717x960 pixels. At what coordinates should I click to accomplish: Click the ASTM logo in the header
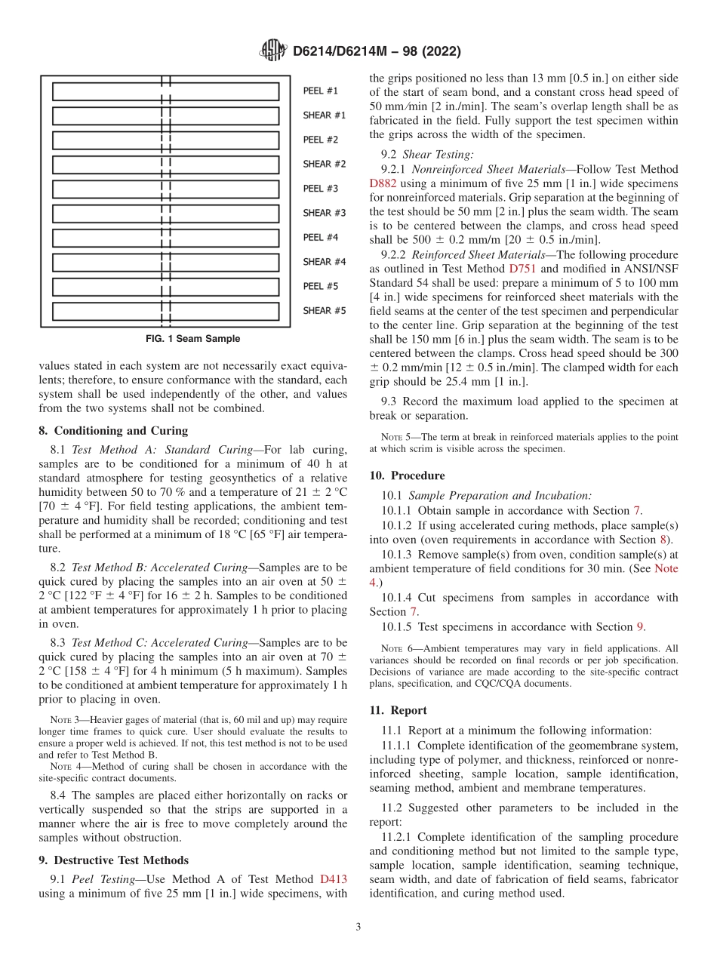[273, 51]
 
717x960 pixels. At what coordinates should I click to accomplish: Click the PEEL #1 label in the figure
[320, 91]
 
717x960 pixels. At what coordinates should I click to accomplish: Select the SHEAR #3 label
[324, 213]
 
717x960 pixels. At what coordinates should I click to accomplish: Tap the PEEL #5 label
[320, 286]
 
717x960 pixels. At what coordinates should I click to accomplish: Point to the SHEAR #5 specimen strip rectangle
[165, 311]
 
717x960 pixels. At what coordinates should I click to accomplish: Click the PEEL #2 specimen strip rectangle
[165, 140]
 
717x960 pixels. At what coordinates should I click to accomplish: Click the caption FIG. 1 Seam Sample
[193, 339]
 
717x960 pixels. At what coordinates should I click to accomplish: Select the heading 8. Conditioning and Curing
[113, 431]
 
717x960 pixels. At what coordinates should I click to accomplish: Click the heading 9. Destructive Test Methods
[113, 860]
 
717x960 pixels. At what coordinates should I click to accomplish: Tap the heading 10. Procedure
[407, 475]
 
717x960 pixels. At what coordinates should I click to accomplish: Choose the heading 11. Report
[398, 710]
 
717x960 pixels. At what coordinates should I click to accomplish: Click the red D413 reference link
[334, 879]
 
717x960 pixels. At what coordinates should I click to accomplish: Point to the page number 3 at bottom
[358, 928]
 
